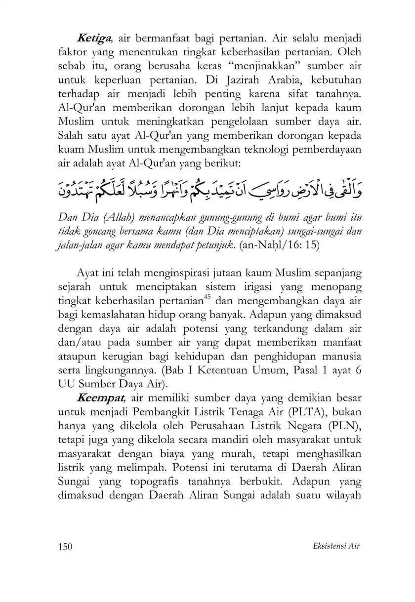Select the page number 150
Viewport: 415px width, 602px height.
[x=65, y=546]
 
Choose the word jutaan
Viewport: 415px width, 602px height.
[x=223, y=273]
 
